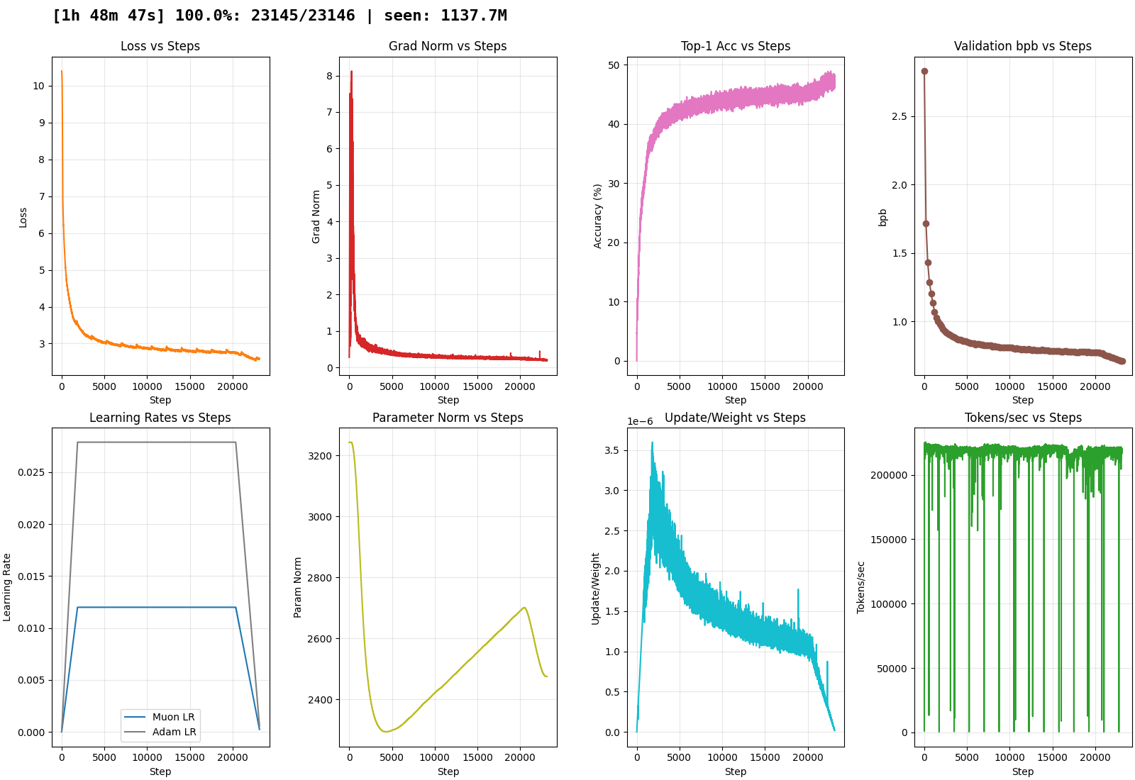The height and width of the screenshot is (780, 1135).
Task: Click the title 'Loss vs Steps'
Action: coord(160,46)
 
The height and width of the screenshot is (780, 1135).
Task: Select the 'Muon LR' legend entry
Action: coord(173,717)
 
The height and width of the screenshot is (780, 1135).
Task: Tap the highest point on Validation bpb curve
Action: coord(924,71)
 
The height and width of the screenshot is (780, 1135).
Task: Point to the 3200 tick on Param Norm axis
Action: coord(320,456)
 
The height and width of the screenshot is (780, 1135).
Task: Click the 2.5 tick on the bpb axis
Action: coord(899,116)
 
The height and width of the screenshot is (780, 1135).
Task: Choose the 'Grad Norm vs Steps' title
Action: coord(448,46)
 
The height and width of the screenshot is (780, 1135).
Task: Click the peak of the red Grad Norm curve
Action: coord(351,72)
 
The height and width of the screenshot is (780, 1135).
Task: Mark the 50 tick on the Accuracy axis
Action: coord(614,65)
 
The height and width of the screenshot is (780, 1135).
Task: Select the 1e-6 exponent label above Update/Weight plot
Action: coord(640,421)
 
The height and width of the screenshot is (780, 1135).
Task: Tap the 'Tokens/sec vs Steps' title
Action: coord(1023,418)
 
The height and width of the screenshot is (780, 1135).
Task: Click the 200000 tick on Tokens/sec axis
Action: coord(889,475)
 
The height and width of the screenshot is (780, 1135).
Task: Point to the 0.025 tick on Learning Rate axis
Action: coord(31,472)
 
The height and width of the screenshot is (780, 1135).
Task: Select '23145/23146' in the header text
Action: coord(303,16)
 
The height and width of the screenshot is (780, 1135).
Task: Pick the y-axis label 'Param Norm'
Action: coord(298,587)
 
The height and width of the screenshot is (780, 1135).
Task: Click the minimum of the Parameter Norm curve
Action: coord(386,731)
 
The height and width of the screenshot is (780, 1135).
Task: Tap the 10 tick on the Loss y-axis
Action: coord(38,86)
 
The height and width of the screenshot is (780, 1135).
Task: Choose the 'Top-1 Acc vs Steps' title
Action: coord(736,46)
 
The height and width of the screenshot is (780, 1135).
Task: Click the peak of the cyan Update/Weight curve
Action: coord(652,442)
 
